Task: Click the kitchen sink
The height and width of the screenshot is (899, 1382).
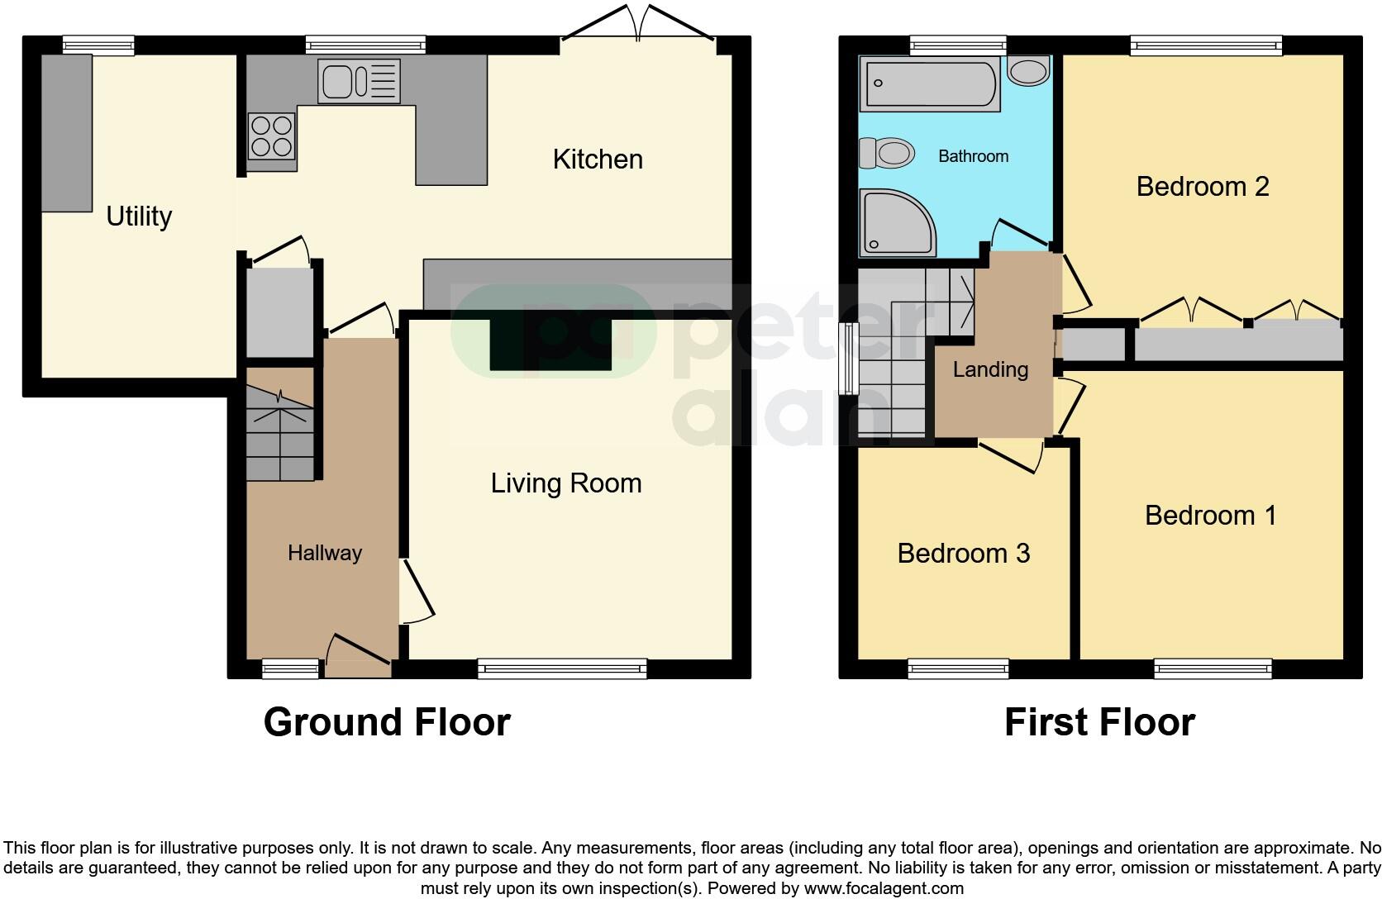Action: click(x=359, y=81)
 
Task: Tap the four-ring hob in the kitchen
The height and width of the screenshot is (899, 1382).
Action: click(x=272, y=136)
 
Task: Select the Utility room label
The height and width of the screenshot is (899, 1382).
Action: click(x=139, y=216)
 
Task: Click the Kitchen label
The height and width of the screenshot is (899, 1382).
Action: click(x=598, y=159)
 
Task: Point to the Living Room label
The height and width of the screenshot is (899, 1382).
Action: click(x=566, y=483)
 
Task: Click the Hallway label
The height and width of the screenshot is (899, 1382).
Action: click(x=325, y=553)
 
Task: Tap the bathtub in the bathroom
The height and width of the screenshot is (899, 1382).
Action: click(x=929, y=83)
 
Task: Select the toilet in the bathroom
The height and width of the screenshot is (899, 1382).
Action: click(x=888, y=153)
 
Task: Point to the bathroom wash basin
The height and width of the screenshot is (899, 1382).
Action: click(x=1029, y=71)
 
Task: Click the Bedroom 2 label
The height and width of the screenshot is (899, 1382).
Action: click(x=1203, y=187)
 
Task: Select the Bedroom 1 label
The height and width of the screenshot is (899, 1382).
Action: click(x=1210, y=516)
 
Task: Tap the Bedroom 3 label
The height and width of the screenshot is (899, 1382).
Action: click(x=964, y=553)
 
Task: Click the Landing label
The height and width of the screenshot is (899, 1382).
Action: click(x=990, y=369)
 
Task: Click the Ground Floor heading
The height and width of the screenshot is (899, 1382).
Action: click(x=387, y=722)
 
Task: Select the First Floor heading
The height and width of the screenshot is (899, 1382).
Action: click(x=1099, y=722)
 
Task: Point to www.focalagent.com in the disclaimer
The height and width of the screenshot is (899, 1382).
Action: click(x=883, y=889)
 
